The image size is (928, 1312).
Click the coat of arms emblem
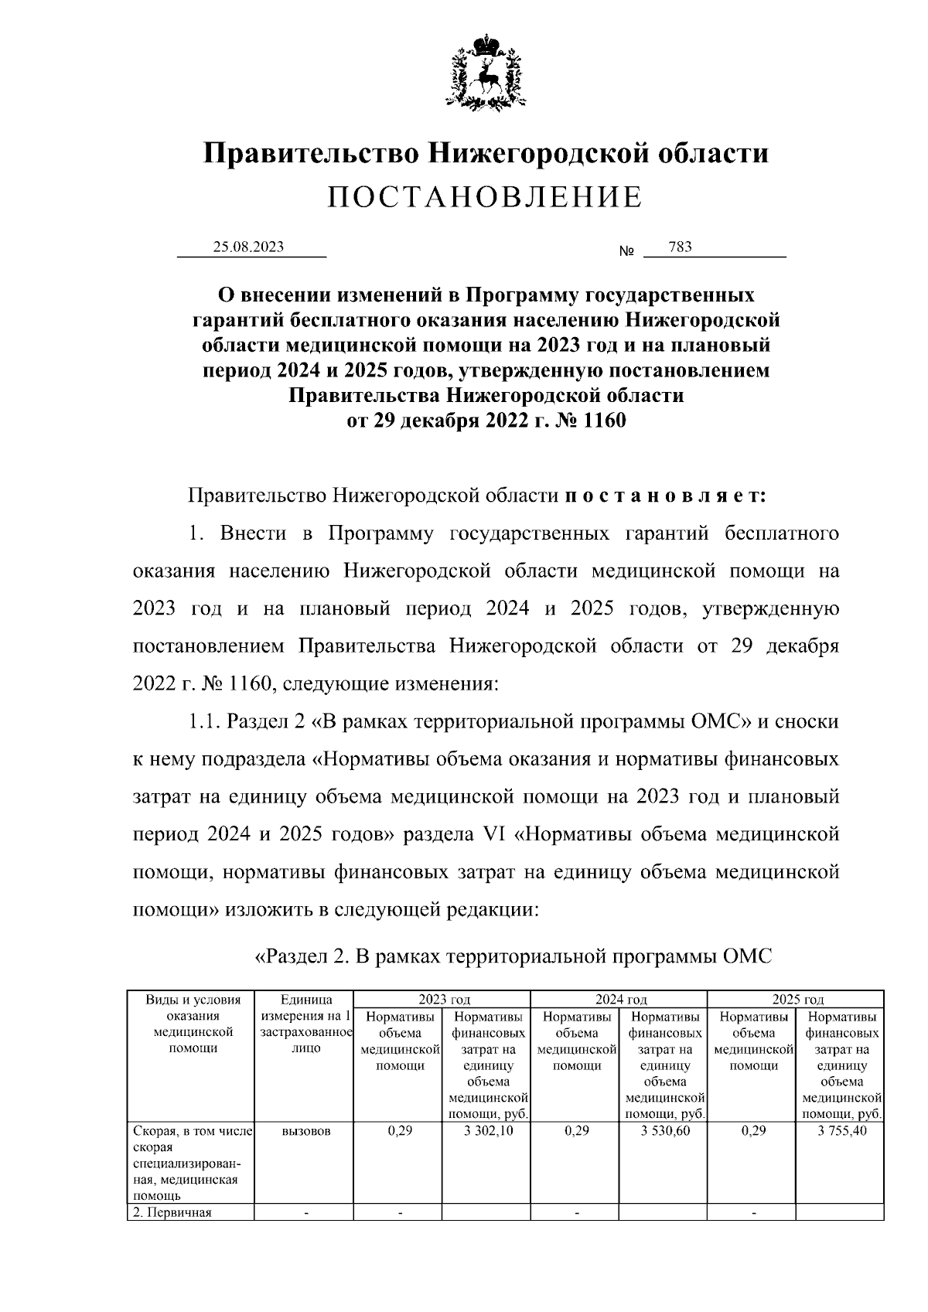pos(486,71)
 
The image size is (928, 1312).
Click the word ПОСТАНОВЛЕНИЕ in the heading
pos(485,197)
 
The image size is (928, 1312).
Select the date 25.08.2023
pos(248,247)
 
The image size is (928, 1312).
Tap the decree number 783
pos(680,247)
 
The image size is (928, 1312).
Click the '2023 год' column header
pos(444,1000)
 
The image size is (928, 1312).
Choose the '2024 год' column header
pos(621,1000)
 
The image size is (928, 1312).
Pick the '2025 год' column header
pos(797,1000)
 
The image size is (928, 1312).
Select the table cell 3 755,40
pos(841,1130)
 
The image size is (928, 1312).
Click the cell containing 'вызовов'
pos(306,1130)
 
